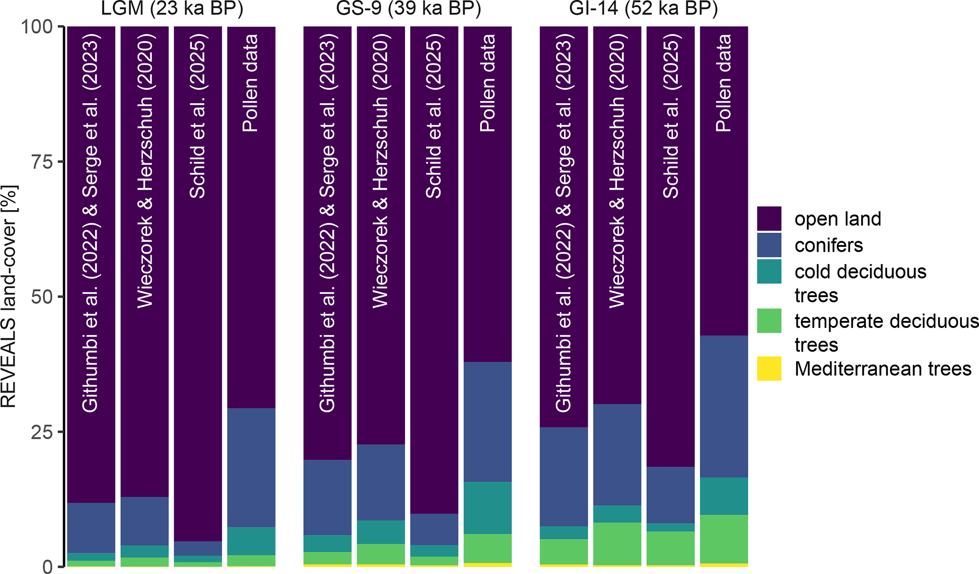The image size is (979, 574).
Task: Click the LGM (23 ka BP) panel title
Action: (x=172, y=9)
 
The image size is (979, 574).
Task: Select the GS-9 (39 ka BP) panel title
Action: (x=408, y=9)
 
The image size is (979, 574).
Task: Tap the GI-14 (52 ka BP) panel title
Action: (x=644, y=9)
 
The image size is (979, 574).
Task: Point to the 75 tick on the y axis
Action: (x=42, y=162)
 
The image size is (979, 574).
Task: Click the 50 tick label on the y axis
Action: (x=42, y=297)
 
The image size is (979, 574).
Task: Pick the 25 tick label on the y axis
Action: (x=42, y=432)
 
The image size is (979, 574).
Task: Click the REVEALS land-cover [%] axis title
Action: (x=9, y=296)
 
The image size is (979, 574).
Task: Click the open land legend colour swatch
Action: (x=769, y=219)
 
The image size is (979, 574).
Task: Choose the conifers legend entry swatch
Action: (x=769, y=245)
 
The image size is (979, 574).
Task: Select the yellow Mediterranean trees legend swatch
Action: (x=769, y=369)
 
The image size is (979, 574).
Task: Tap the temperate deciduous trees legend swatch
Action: (x=769, y=321)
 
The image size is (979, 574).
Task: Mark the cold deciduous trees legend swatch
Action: (x=769, y=272)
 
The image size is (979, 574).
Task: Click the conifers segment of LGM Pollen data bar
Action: (x=251, y=467)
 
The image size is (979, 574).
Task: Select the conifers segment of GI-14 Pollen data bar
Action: (x=724, y=406)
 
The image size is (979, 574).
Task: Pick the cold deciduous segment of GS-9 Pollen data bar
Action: (x=487, y=508)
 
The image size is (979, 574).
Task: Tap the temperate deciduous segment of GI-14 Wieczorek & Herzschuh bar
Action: (x=617, y=544)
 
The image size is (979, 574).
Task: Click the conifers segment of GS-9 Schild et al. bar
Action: (x=434, y=529)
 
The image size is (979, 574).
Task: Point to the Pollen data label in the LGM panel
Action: (x=251, y=83)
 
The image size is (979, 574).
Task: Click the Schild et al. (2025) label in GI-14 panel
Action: (x=671, y=116)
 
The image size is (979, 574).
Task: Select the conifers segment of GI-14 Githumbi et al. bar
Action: (x=564, y=476)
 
